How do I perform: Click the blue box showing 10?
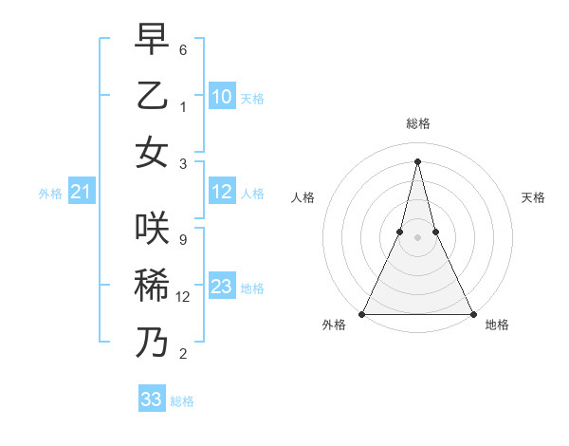coord(221,96)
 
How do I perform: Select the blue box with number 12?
coord(221,193)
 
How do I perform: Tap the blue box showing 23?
coord(221,287)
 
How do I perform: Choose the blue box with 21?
coord(81,193)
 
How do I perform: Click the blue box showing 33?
coord(152,400)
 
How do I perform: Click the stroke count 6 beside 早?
coord(182,49)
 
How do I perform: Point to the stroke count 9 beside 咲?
coord(182,239)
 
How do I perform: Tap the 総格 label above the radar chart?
coord(417,123)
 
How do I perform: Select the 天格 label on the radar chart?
coord(533,197)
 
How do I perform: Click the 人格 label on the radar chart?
coord(303,197)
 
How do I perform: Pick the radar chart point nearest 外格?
coord(362,313)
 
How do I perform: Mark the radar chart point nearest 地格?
coord(472,313)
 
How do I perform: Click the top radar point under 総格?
coord(417,160)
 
